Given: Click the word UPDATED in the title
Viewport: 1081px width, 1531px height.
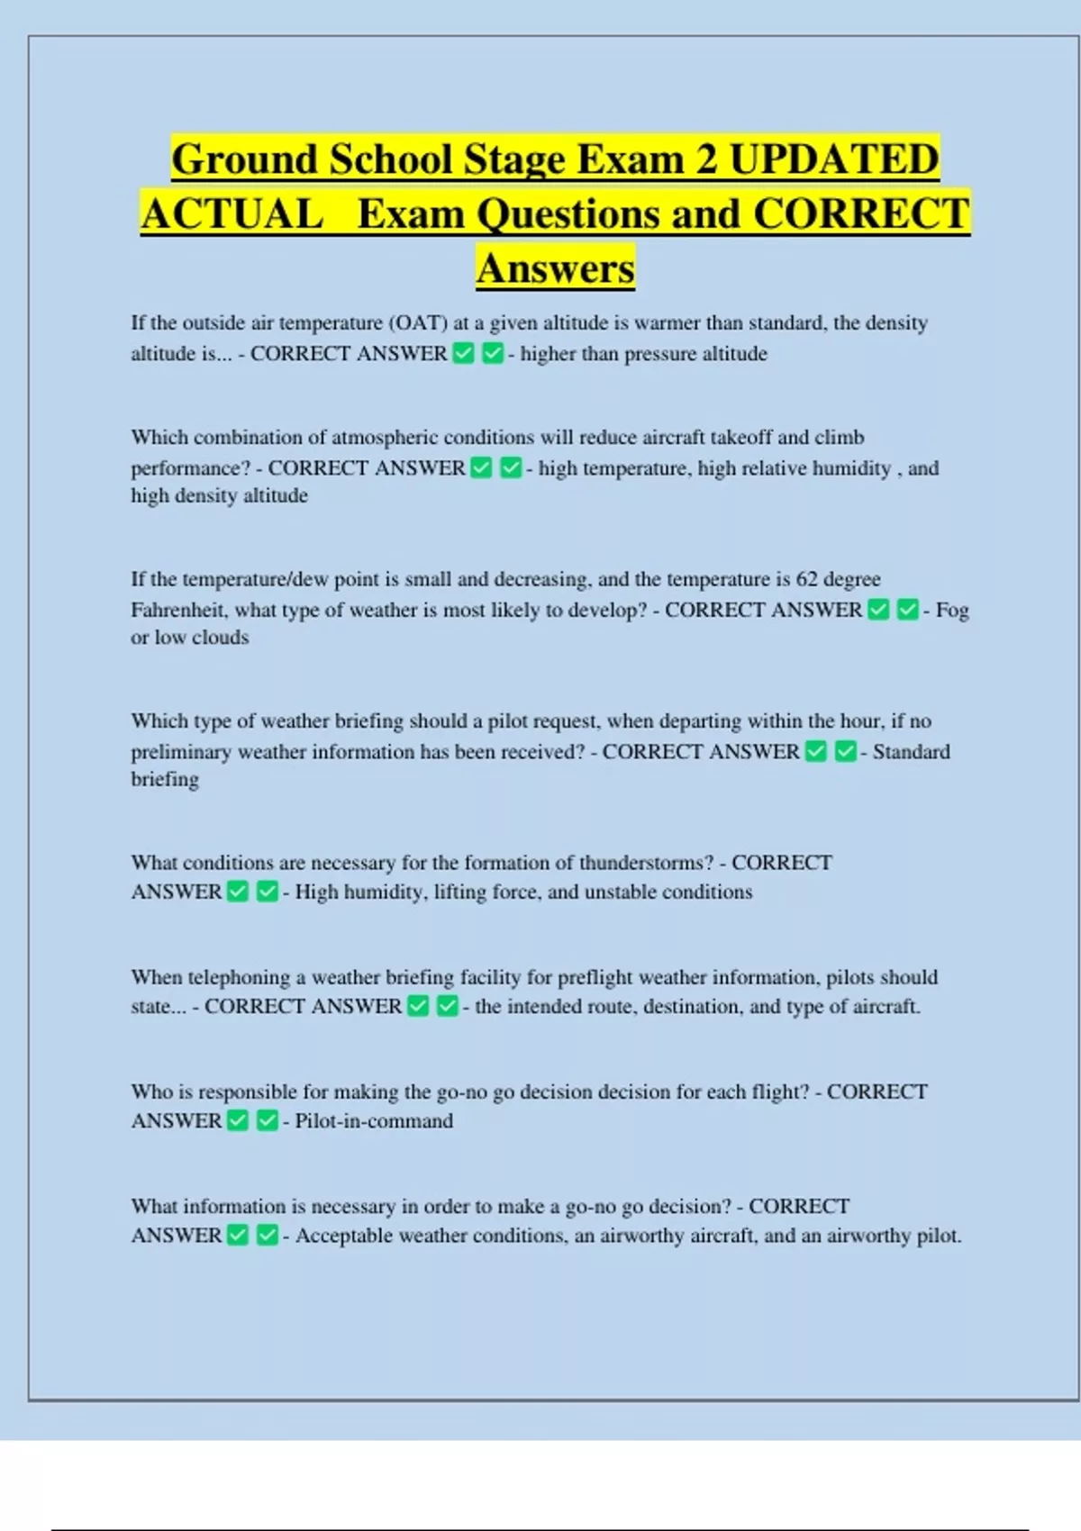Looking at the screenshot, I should coord(833,160).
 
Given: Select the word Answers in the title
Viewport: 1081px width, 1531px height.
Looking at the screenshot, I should coord(556,268).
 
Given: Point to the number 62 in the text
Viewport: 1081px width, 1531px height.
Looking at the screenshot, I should coord(808,579).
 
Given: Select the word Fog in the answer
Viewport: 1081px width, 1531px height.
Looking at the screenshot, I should coord(952,610).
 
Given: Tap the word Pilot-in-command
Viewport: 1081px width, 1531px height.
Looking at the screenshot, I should coord(374,1121).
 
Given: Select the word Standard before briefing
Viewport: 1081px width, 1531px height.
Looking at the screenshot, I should coord(911,752).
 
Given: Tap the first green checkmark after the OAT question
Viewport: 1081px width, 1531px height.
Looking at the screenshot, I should coord(464,353).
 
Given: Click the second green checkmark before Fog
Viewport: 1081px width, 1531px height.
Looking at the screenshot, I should coord(908,610).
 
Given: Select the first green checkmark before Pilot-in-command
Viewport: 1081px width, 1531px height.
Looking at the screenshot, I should coord(238,1120).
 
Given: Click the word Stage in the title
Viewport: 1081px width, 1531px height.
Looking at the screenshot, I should coord(511,160).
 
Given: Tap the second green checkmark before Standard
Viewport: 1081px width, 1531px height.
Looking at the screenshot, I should coord(845,751).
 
